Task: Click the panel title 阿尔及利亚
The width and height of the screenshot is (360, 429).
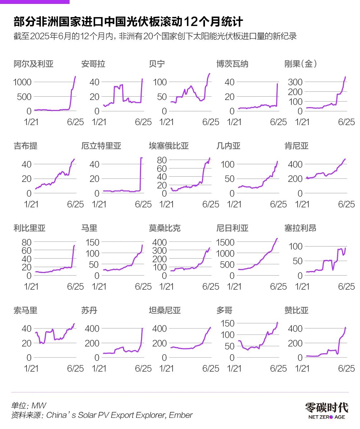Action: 33,64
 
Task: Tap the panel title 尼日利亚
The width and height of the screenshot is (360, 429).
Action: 232,228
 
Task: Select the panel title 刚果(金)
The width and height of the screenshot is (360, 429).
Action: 301,64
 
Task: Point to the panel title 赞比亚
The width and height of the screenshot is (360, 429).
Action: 296,310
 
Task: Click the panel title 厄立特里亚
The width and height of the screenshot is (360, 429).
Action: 101,146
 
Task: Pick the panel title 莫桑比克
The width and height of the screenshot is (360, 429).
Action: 164,228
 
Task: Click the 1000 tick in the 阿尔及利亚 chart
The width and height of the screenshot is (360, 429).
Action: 22,82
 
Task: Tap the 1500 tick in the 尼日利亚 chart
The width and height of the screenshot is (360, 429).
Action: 225,242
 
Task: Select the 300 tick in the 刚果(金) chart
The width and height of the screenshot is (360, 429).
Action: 295,82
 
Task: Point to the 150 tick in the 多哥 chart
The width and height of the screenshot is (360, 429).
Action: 227,323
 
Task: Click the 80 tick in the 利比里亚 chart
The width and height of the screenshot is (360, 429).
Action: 26,242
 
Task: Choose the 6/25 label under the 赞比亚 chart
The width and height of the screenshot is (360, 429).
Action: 346,368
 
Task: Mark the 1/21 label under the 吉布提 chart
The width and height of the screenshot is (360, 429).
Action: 31,204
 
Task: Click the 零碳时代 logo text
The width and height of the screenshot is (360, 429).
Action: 326,407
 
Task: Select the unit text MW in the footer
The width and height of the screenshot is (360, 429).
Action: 39,405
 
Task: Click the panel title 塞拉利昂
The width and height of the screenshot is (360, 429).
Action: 300,228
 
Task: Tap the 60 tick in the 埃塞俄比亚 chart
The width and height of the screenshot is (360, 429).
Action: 162,168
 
